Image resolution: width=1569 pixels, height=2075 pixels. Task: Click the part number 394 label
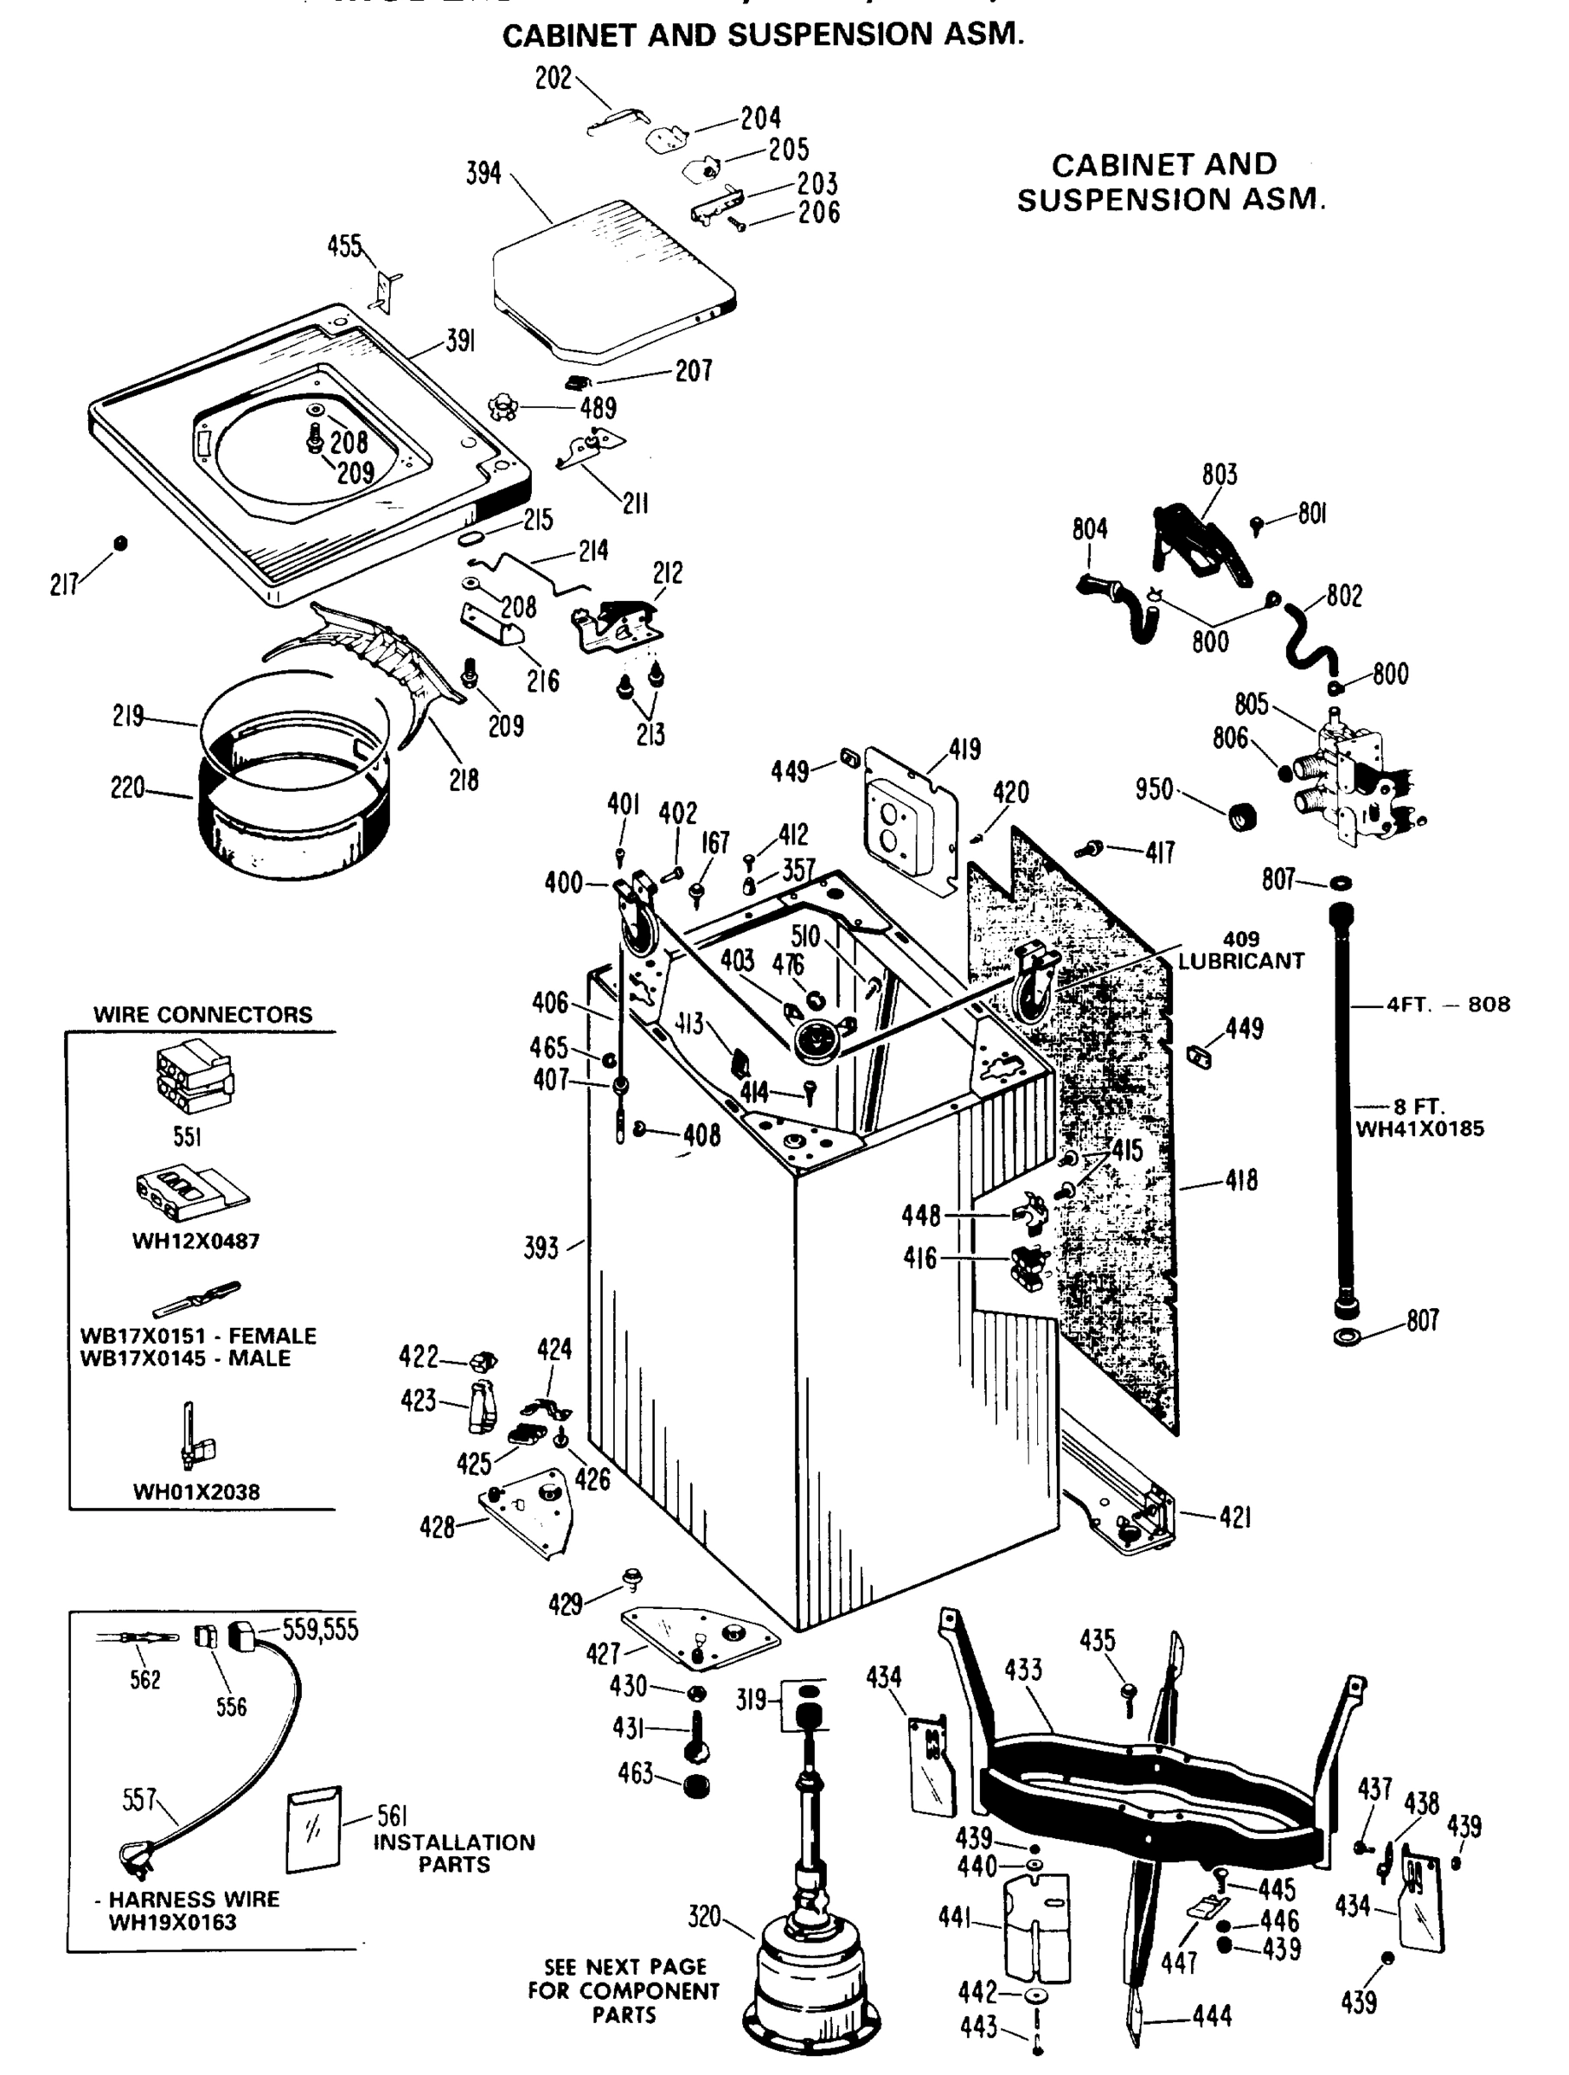pyautogui.click(x=484, y=174)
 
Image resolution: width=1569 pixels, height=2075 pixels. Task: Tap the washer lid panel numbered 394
pyautogui.click(x=610, y=281)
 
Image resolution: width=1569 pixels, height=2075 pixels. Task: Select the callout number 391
pyautogui.click(x=460, y=342)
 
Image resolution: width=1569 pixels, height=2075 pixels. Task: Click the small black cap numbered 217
pyautogui.click(x=120, y=543)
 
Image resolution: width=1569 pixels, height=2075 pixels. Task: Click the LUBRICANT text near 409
pyautogui.click(x=1240, y=961)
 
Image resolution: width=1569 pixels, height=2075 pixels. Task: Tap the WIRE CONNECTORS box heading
pyautogui.click(x=202, y=1014)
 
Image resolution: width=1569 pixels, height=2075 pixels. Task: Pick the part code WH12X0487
pyautogui.click(x=195, y=1240)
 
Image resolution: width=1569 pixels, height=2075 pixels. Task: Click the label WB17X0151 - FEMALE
pyautogui.click(x=198, y=1335)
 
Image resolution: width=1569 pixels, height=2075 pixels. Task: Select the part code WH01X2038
pyautogui.click(x=195, y=1491)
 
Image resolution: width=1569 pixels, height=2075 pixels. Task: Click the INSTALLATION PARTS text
pyautogui.click(x=454, y=1853)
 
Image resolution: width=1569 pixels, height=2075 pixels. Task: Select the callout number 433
pyautogui.click(x=1023, y=1670)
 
